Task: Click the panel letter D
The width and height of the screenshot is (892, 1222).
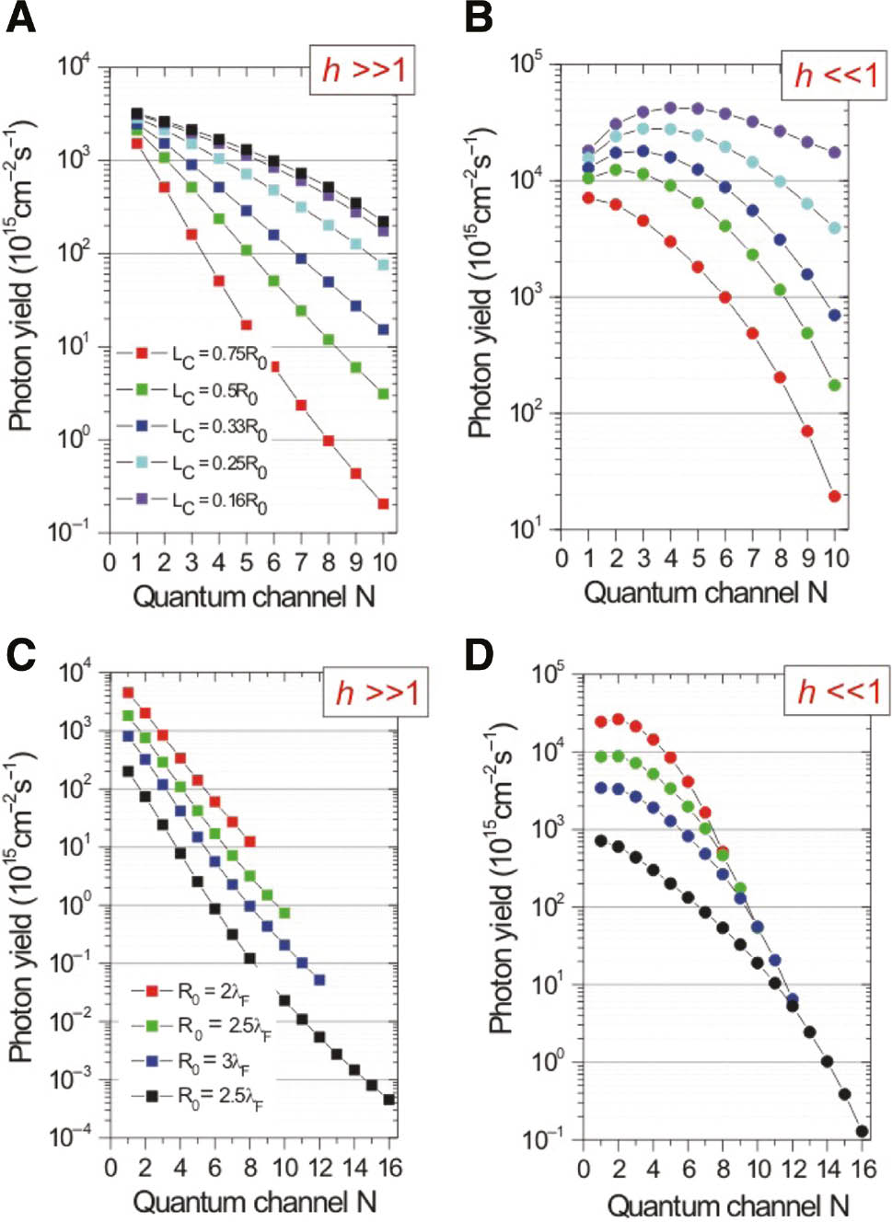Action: click(x=479, y=654)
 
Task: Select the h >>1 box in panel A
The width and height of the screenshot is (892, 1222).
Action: click(x=363, y=69)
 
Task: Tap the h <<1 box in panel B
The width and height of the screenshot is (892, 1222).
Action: click(x=835, y=74)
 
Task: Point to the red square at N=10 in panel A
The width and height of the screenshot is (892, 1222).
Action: click(x=384, y=503)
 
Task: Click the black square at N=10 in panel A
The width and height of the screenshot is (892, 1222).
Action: click(x=384, y=222)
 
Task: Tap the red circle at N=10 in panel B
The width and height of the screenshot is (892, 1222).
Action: click(x=835, y=496)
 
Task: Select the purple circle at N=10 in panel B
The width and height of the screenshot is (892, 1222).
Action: click(x=835, y=152)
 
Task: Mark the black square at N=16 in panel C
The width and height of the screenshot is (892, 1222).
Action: click(x=389, y=1100)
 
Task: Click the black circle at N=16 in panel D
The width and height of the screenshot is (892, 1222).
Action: click(x=862, y=1132)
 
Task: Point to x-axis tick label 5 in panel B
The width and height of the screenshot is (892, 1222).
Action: click(x=699, y=558)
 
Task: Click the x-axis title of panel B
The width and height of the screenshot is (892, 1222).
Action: click(x=705, y=592)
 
